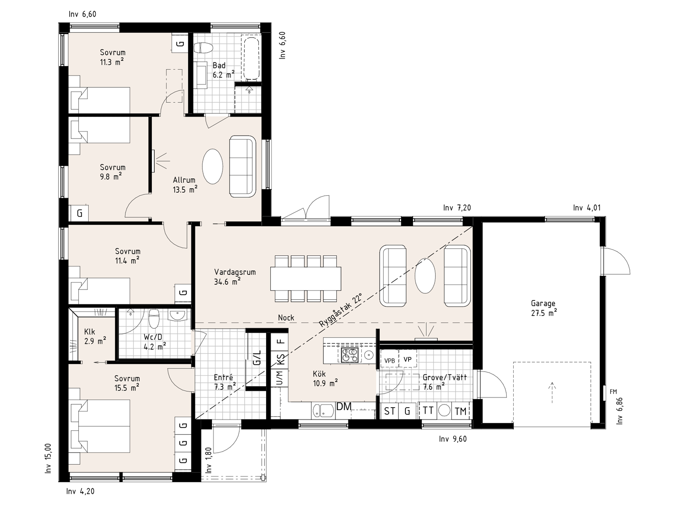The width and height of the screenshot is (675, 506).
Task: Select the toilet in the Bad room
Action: [203, 47]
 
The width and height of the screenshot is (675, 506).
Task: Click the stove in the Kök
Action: [350, 355]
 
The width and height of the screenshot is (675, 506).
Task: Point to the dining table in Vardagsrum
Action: [306, 279]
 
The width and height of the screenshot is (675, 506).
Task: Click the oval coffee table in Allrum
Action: [212, 166]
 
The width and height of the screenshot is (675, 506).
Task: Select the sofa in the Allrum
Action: [242, 166]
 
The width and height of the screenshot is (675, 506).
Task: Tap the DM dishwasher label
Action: [344, 406]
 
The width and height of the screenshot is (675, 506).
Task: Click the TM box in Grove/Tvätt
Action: [461, 411]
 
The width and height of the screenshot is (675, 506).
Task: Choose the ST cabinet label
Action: [389, 411]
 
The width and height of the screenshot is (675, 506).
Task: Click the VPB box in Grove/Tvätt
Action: [389, 361]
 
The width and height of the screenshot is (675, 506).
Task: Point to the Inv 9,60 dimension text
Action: [453, 439]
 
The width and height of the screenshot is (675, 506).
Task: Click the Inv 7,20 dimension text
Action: [457, 208]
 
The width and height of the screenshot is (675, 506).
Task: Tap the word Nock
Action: [286, 318]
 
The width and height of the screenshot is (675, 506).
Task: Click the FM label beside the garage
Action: [613, 392]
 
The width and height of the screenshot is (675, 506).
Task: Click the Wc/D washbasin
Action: [177, 315]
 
